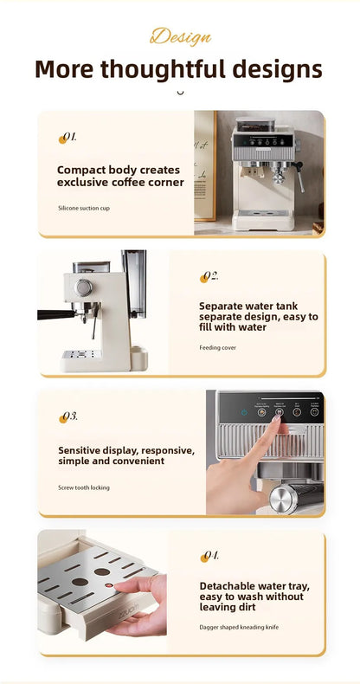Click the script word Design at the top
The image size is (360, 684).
click(x=180, y=36)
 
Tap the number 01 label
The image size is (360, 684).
click(x=67, y=137)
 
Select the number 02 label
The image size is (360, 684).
click(x=209, y=276)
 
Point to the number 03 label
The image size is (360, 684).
click(x=68, y=416)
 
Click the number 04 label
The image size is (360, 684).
click(x=209, y=556)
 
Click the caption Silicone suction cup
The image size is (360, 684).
click(x=84, y=209)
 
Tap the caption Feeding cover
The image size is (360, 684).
click(x=217, y=347)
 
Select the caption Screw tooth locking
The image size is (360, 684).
click(x=84, y=487)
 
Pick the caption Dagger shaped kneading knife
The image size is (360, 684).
click(x=239, y=626)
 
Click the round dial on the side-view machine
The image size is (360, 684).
click(x=84, y=287)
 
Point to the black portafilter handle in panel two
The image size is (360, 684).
click(x=54, y=313)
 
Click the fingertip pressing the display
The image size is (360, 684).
click(x=277, y=420)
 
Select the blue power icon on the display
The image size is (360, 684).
click(x=245, y=413)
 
